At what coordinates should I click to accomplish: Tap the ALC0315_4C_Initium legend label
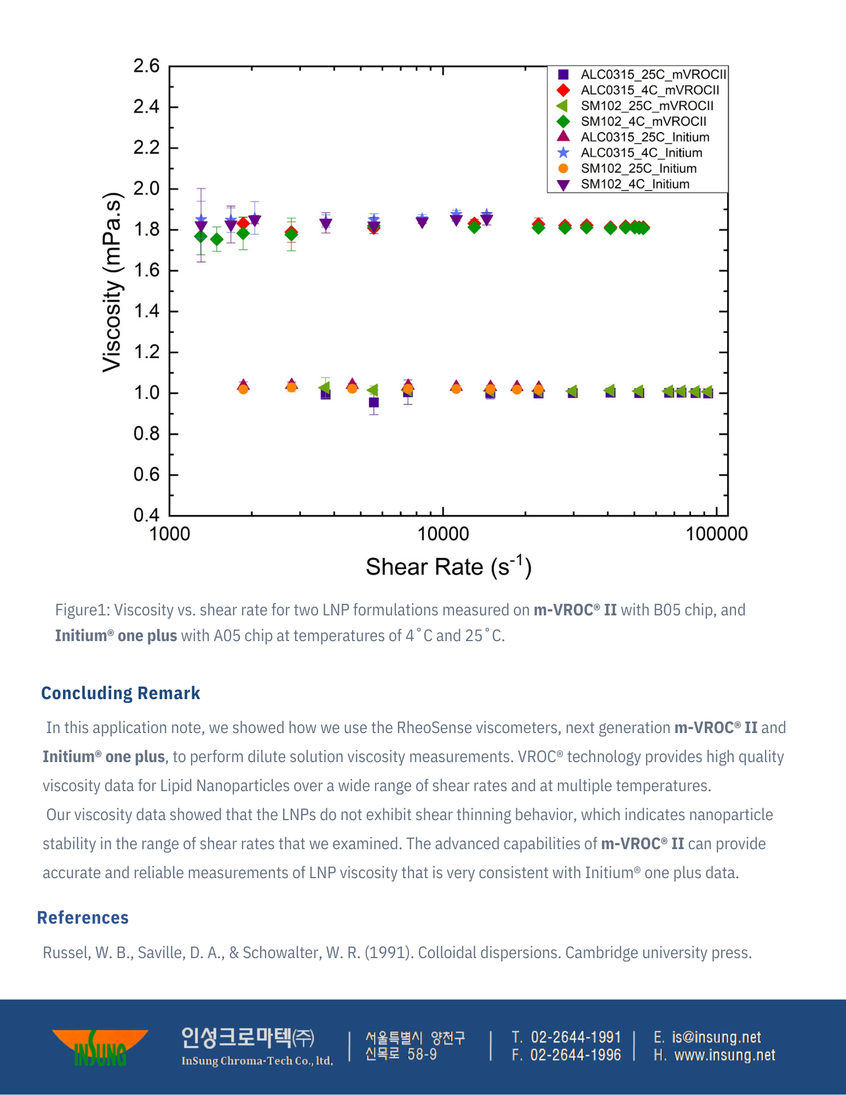(x=641, y=153)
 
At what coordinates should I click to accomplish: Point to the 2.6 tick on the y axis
(x=146, y=66)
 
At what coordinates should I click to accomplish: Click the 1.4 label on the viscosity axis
(x=146, y=312)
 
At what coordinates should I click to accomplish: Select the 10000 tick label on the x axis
(x=443, y=534)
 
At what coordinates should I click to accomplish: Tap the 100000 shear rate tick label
(x=716, y=534)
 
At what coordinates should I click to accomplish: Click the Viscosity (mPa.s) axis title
(x=112, y=283)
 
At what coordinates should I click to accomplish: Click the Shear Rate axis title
(x=448, y=567)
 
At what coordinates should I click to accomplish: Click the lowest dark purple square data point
(x=374, y=402)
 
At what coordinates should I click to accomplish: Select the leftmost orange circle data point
(x=243, y=389)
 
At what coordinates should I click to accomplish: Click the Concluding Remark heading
(x=120, y=693)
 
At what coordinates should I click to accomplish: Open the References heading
(x=83, y=918)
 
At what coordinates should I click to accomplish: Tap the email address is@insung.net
(x=716, y=1038)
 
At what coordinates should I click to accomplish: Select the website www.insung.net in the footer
(x=724, y=1055)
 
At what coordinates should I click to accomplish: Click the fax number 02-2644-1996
(x=575, y=1055)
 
